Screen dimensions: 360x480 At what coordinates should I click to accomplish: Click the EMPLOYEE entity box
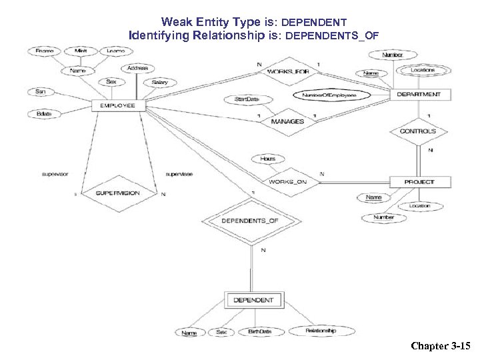coord(118,105)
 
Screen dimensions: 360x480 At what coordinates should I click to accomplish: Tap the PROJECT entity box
coord(419,182)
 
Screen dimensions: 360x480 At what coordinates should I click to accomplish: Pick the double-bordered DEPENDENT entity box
coord(253,300)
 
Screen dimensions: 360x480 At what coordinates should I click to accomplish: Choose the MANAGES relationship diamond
coord(287,121)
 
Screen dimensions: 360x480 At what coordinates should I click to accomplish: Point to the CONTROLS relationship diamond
coord(418,131)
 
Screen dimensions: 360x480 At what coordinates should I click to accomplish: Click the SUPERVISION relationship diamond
coord(118,193)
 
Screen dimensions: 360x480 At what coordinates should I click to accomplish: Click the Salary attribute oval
coord(159,83)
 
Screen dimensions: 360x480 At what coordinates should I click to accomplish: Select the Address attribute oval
coord(139,68)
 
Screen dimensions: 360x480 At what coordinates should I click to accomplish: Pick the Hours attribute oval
coord(267,159)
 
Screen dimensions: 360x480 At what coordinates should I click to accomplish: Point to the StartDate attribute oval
coord(243,99)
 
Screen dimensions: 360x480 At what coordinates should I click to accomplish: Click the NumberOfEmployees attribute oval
coord(329,95)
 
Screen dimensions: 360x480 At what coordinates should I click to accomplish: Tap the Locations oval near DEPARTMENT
coord(423,70)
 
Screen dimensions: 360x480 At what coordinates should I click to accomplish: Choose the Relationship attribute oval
coord(321,331)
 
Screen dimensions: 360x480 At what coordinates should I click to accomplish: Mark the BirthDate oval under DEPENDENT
coord(259,331)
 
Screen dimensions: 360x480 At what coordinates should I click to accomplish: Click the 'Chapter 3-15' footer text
coord(441,346)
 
